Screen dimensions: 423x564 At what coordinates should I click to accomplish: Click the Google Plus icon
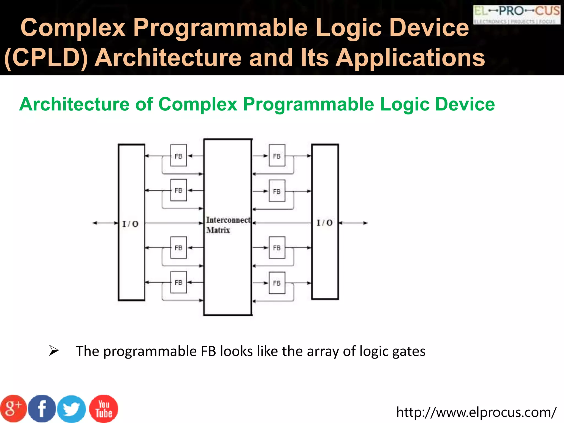click(13, 409)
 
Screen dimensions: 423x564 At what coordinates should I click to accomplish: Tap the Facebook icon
click(42, 409)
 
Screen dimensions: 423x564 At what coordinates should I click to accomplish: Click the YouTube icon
click(104, 409)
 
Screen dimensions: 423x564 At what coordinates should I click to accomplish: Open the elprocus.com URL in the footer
click(476, 412)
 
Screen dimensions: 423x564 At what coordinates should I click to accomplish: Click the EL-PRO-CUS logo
click(517, 15)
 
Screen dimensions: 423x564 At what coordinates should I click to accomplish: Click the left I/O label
click(131, 224)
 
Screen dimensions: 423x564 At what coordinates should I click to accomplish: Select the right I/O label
click(325, 223)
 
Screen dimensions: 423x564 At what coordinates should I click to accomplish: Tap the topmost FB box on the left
click(178, 156)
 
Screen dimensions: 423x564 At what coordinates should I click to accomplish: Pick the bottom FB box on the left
click(178, 283)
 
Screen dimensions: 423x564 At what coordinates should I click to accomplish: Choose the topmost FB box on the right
click(277, 156)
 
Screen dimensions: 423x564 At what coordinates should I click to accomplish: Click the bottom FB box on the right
click(277, 283)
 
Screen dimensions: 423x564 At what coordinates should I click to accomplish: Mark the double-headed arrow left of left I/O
click(105, 223)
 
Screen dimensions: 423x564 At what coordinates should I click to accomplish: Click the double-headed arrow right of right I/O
click(353, 223)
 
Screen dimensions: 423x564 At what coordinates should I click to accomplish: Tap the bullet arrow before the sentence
click(53, 351)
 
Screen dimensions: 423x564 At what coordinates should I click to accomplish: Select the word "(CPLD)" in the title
click(46, 58)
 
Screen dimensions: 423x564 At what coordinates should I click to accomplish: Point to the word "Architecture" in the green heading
click(74, 104)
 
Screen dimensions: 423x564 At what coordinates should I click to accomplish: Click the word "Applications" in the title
click(410, 58)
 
